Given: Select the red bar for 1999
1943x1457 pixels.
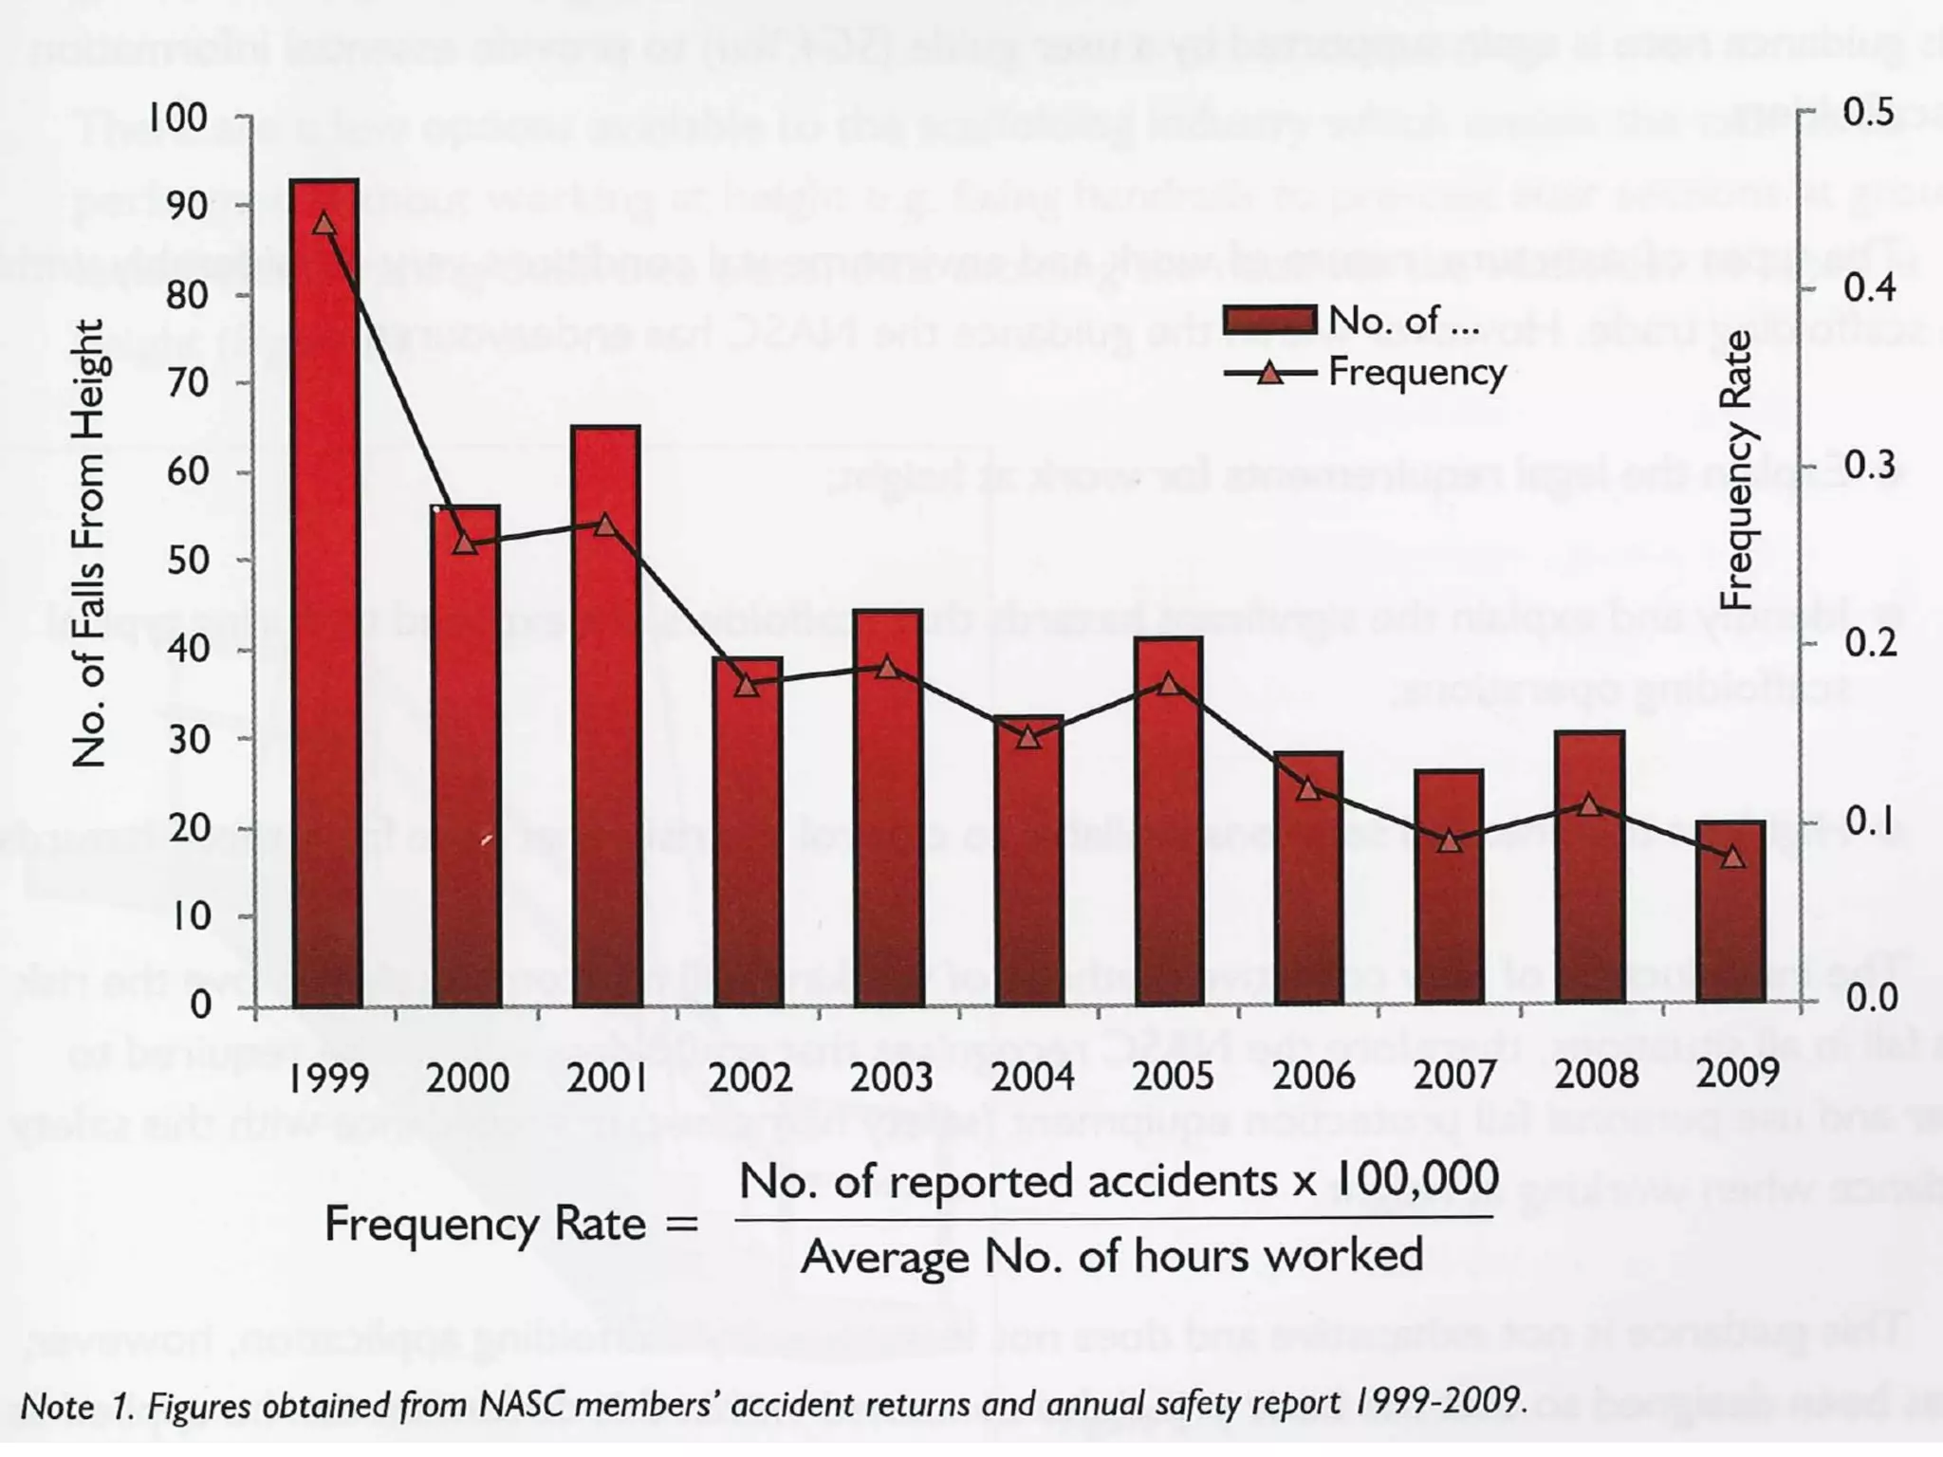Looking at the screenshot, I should tap(325, 593).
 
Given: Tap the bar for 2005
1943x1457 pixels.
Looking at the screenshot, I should tap(1169, 821).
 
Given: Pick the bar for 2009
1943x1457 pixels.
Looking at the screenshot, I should tap(1731, 913).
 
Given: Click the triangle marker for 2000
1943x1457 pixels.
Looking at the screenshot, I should tap(465, 543).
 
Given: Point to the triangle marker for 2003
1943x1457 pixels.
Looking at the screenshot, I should tap(887, 668).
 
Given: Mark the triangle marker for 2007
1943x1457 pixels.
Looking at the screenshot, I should tap(1449, 841).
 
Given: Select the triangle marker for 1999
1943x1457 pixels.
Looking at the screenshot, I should tap(324, 224).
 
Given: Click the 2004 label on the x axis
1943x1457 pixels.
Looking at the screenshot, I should tap(1032, 1077).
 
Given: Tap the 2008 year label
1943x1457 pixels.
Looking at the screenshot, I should tap(1596, 1075).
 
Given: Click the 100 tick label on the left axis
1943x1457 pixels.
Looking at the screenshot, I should tap(177, 118).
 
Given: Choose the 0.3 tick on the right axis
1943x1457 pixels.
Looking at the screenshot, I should tap(1870, 466).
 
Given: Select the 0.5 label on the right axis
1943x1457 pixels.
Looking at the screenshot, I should tap(1870, 113).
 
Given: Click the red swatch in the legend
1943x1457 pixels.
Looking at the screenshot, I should tap(1268, 321).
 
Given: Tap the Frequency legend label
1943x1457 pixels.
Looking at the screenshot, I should tap(1417, 372).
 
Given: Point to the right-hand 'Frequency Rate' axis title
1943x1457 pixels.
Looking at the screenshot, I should tap(1735, 470).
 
